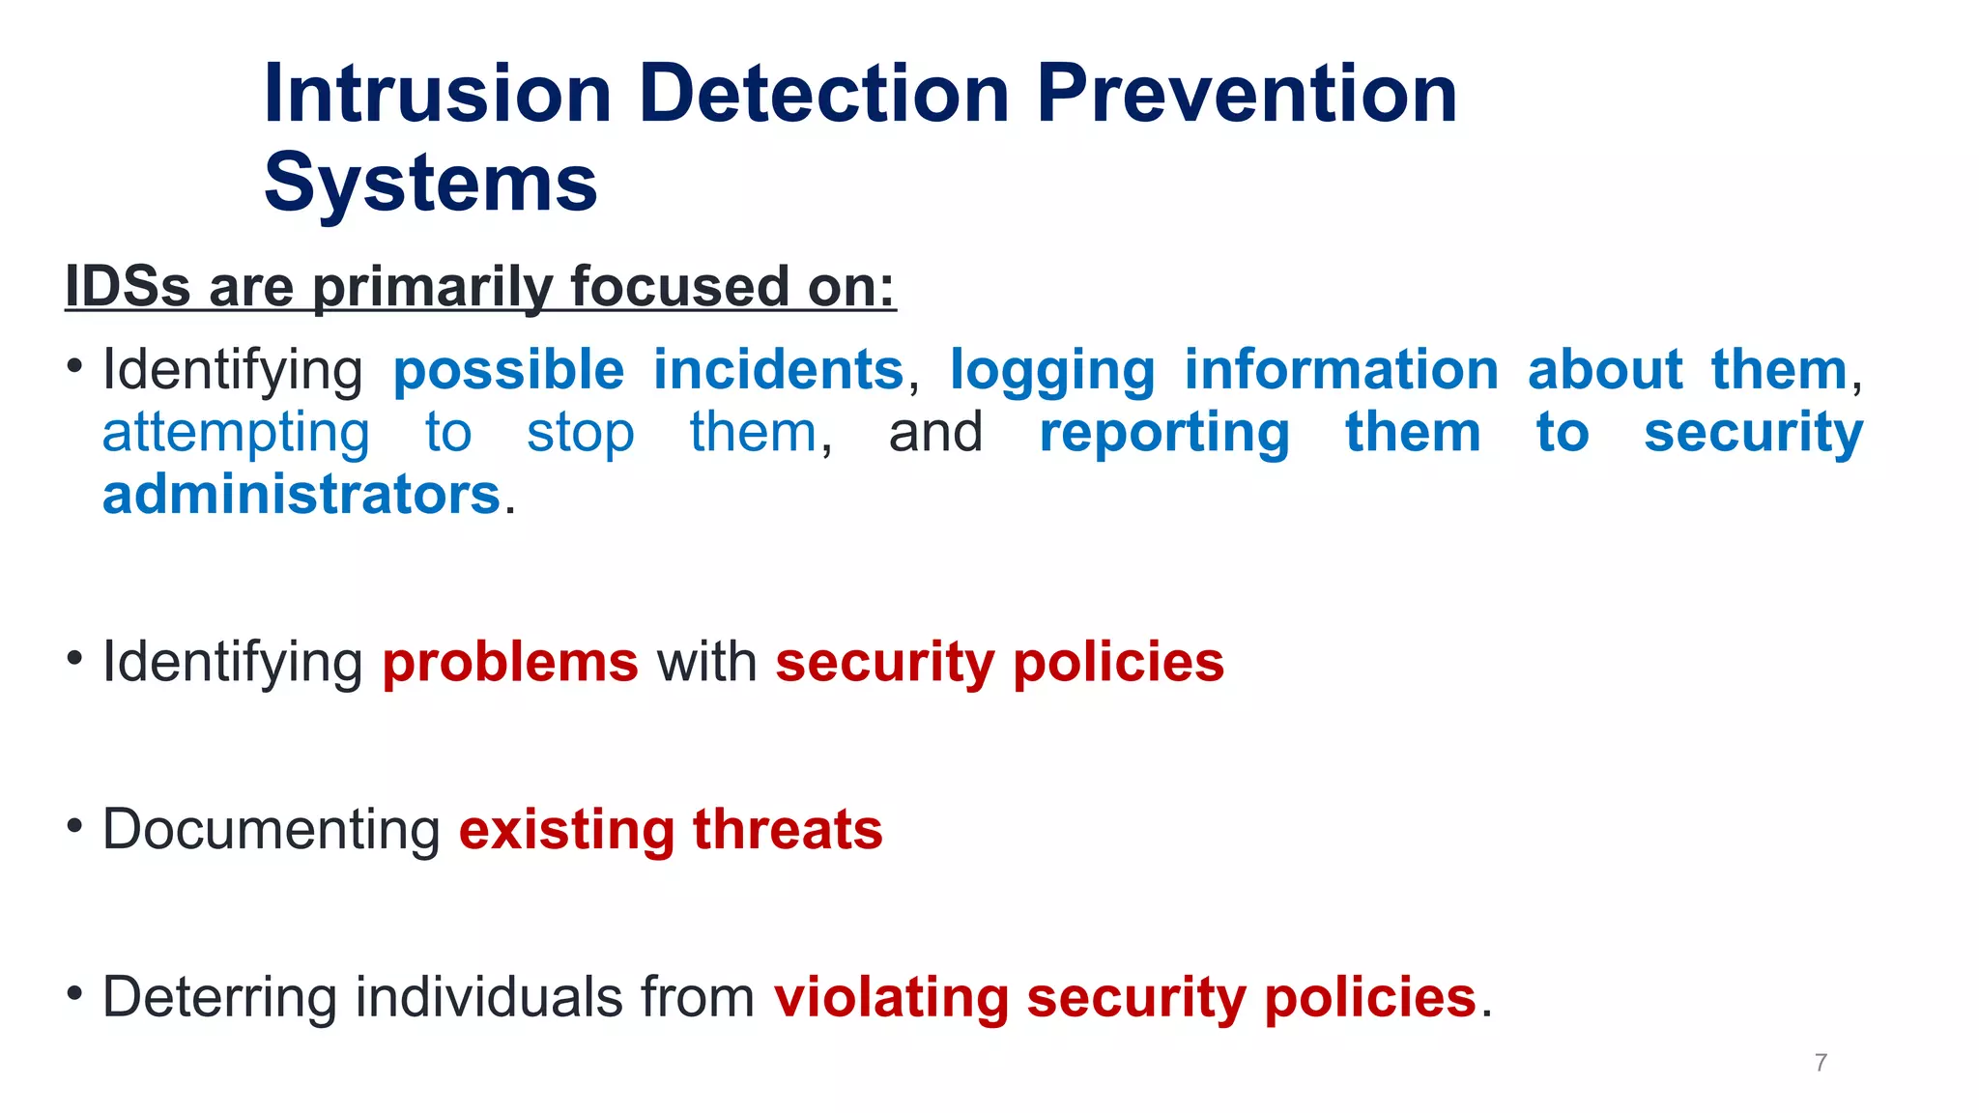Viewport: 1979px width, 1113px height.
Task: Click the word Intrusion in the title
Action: [x=437, y=94]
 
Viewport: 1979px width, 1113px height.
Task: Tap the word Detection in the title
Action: [x=823, y=94]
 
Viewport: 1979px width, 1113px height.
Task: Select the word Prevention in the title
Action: [x=1247, y=94]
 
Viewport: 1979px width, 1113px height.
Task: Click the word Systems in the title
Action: [x=431, y=184]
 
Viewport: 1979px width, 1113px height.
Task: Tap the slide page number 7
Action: [x=1821, y=1063]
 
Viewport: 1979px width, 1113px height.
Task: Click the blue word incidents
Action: [x=778, y=370]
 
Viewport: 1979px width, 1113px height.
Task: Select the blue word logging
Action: [x=1052, y=372]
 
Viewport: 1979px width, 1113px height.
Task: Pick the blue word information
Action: [x=1341, y=370]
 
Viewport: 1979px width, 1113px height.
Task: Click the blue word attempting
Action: [x=236, y=434]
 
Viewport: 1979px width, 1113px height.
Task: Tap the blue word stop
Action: [x=580, y=434]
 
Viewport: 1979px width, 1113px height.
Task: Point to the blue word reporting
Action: [x=1164, y=434]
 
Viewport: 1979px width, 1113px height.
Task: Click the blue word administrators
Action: [x=301, y=495]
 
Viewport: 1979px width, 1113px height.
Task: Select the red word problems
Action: [x=510, y=663]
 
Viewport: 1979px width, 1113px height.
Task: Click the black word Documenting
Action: [x=272, y=830]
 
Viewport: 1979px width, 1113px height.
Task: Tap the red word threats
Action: [x=787, y=830]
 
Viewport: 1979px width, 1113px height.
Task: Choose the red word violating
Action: [x=891, y=998]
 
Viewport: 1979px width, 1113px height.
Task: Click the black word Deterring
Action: [x=219, y=998]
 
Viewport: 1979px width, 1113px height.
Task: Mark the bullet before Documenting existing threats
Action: [x=74, y=826]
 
